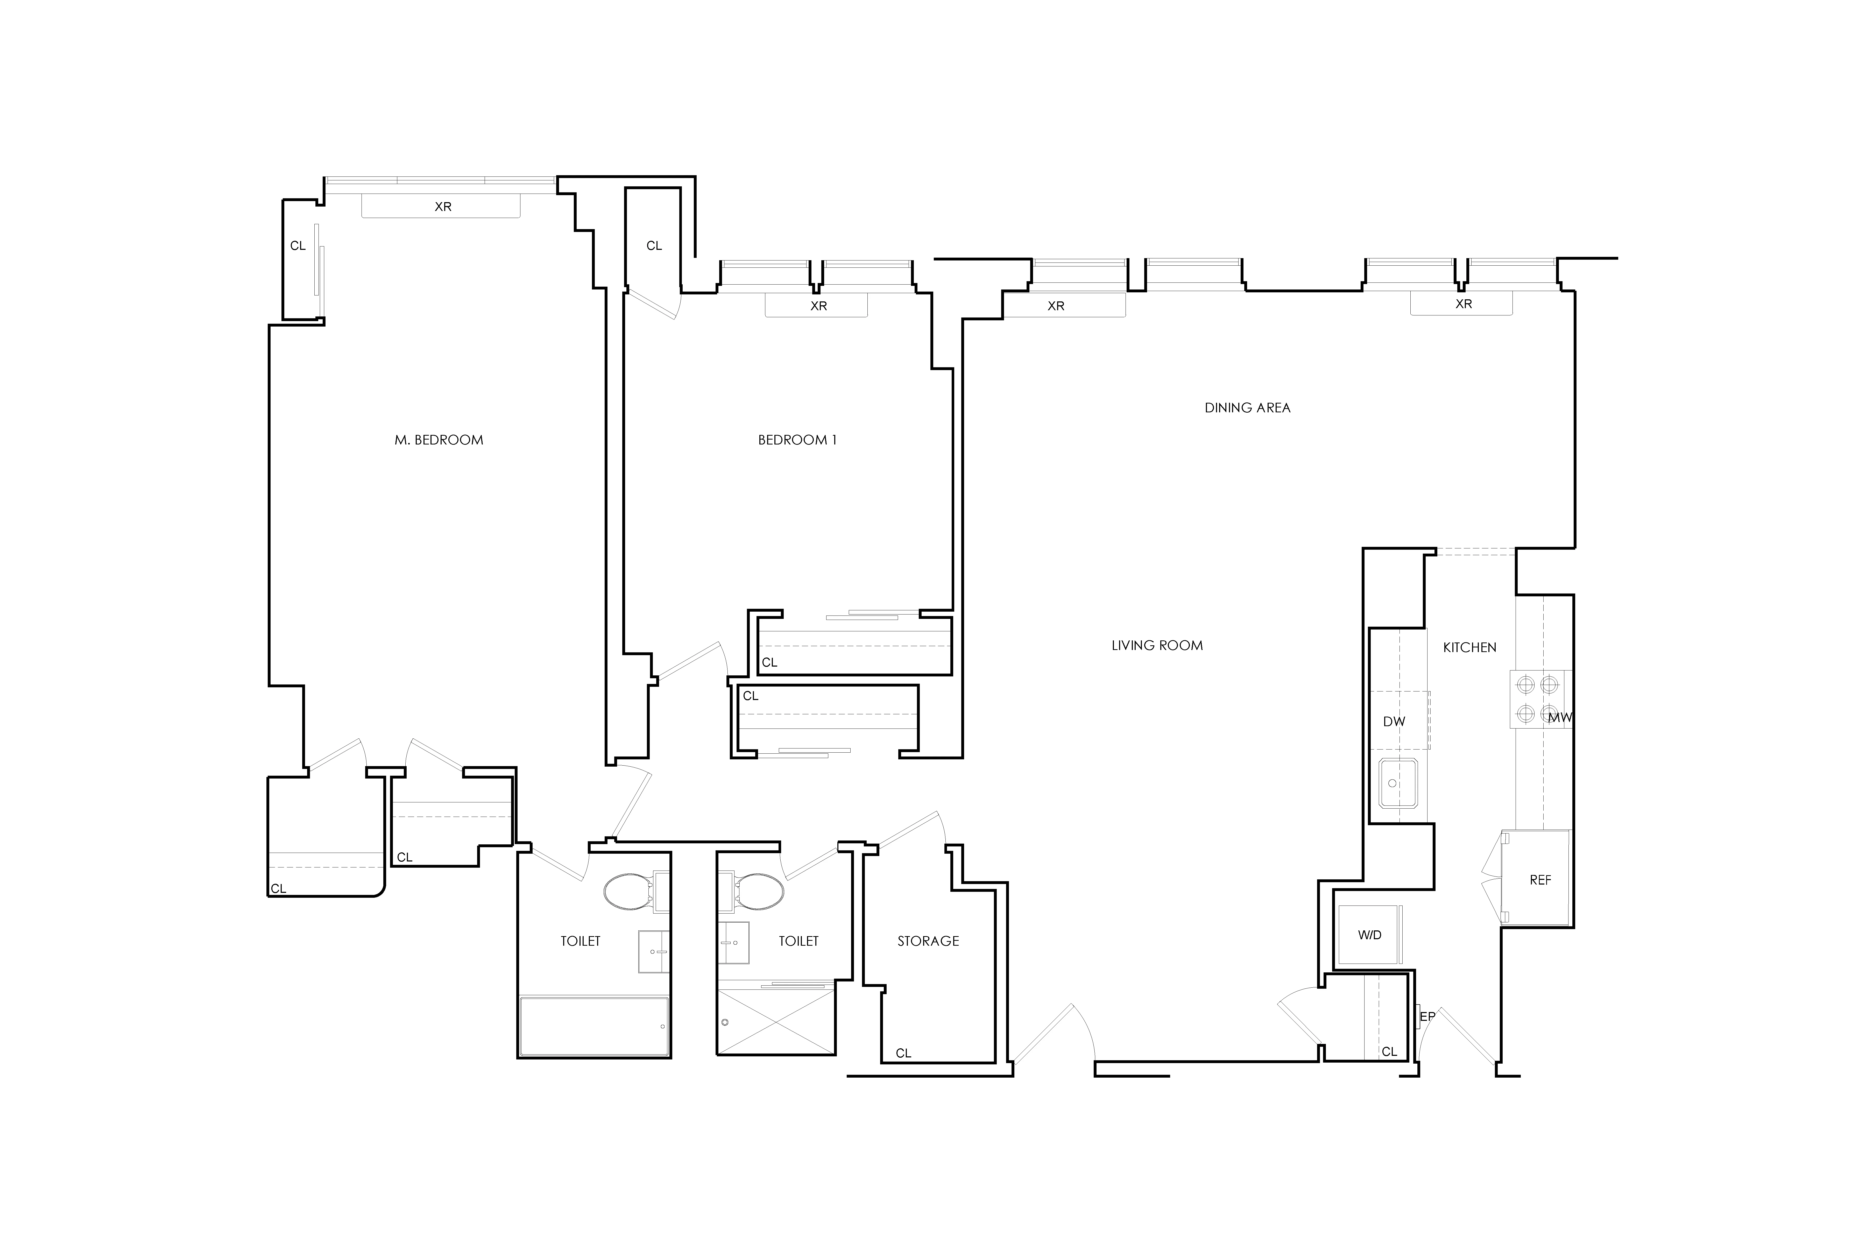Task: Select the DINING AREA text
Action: coord(1247,408)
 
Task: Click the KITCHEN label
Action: coord(1469,647)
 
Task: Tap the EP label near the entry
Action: coord(1427,1016)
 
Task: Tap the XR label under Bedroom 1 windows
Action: coord(818,306)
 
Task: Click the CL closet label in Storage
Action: coord(903,1053)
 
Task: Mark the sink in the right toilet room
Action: coord(734,943)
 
